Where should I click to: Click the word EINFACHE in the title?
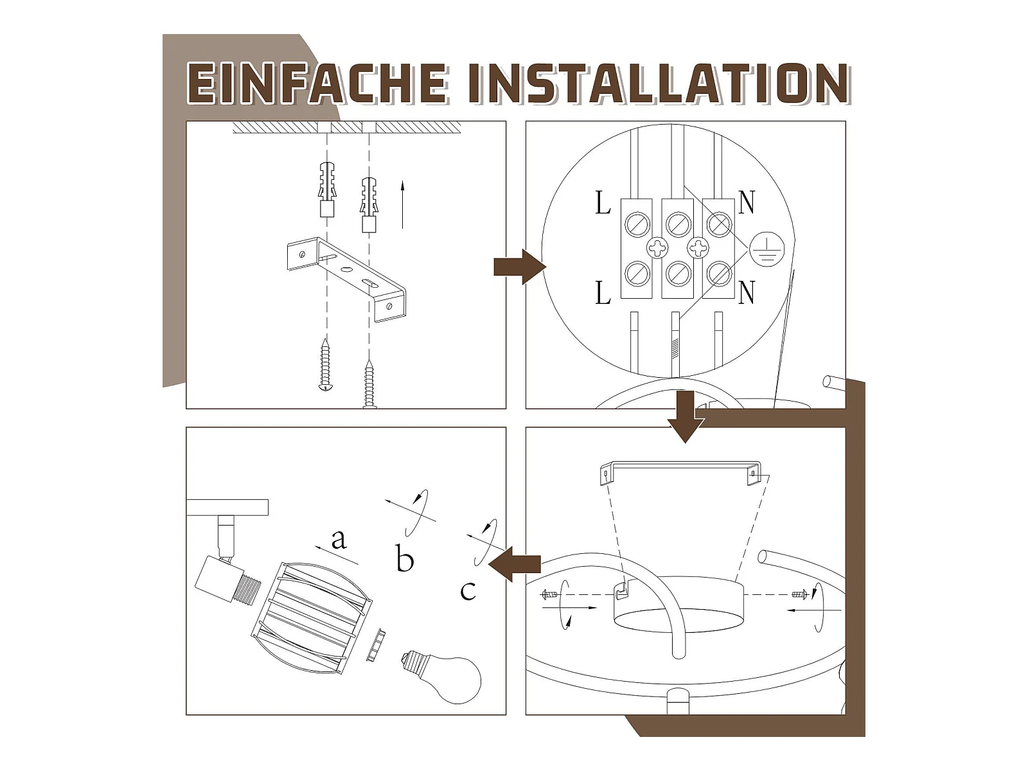point(317,83)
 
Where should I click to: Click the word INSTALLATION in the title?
point(658,83)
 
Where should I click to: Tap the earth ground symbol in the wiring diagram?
point(767,249)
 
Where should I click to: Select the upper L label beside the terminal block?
point(603,203)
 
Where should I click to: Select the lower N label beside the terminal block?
point(746,292)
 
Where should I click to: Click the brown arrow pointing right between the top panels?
point(520,267)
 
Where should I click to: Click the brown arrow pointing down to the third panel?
point(686,416)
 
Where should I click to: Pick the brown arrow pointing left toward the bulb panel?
point(514,563)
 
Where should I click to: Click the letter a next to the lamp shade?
point(339,539)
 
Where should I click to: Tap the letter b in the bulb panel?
point(405,557)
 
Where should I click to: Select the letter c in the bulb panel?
point(468,590)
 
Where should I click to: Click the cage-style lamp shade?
point(312,618)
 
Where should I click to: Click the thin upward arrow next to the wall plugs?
point(402,206)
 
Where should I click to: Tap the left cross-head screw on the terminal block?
point(658,248)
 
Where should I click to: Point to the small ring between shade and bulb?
point(376,646)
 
